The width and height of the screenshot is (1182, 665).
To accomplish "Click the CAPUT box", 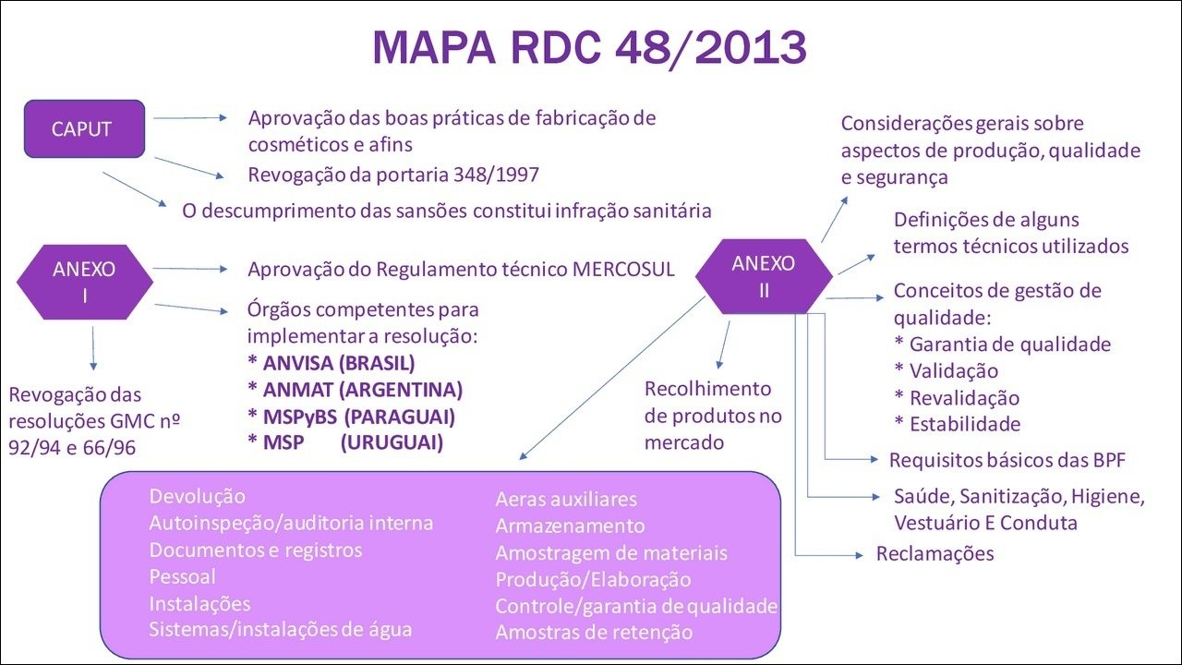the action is coord(84,128).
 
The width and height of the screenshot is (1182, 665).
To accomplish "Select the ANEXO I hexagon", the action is coord(84,282).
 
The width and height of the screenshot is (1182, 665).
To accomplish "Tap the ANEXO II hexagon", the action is coord(764,276).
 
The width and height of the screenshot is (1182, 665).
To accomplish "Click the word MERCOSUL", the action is coord(623,270).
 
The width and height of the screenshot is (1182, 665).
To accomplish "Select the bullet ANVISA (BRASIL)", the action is coord(332,363).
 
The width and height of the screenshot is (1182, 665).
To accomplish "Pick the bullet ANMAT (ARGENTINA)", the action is coord(356,390).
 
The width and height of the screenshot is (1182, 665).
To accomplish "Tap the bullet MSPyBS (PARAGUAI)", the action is coord(352,417).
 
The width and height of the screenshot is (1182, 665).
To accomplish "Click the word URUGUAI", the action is coord(392,442).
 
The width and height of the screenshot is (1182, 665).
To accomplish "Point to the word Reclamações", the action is coord(935,553).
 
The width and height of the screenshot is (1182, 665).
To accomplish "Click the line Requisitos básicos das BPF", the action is coord(1007,460).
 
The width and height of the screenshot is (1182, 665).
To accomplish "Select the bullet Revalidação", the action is coord(958,397).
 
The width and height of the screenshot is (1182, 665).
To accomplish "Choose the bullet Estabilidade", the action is coord(958,424).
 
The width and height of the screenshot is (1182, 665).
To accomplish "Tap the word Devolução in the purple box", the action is coord(198,497).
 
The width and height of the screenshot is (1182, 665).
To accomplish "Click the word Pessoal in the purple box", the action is coord(183,576).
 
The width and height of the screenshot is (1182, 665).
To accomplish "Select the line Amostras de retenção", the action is coord(594,633).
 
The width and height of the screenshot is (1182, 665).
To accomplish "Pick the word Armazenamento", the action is coord(570,526).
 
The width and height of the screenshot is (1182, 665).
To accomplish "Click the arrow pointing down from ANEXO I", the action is coord(93,348).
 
